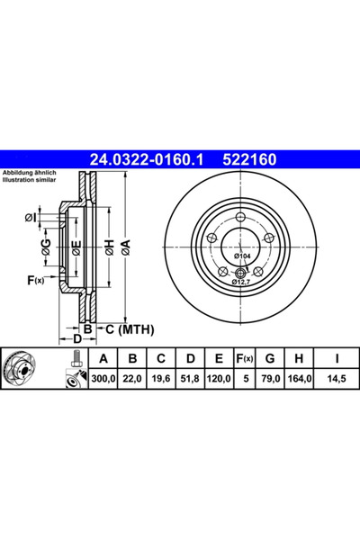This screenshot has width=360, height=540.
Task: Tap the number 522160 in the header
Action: pos(249,161)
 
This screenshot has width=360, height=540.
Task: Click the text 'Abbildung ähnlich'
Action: pos(31,172)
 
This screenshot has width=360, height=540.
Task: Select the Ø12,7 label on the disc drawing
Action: pos(241,282)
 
